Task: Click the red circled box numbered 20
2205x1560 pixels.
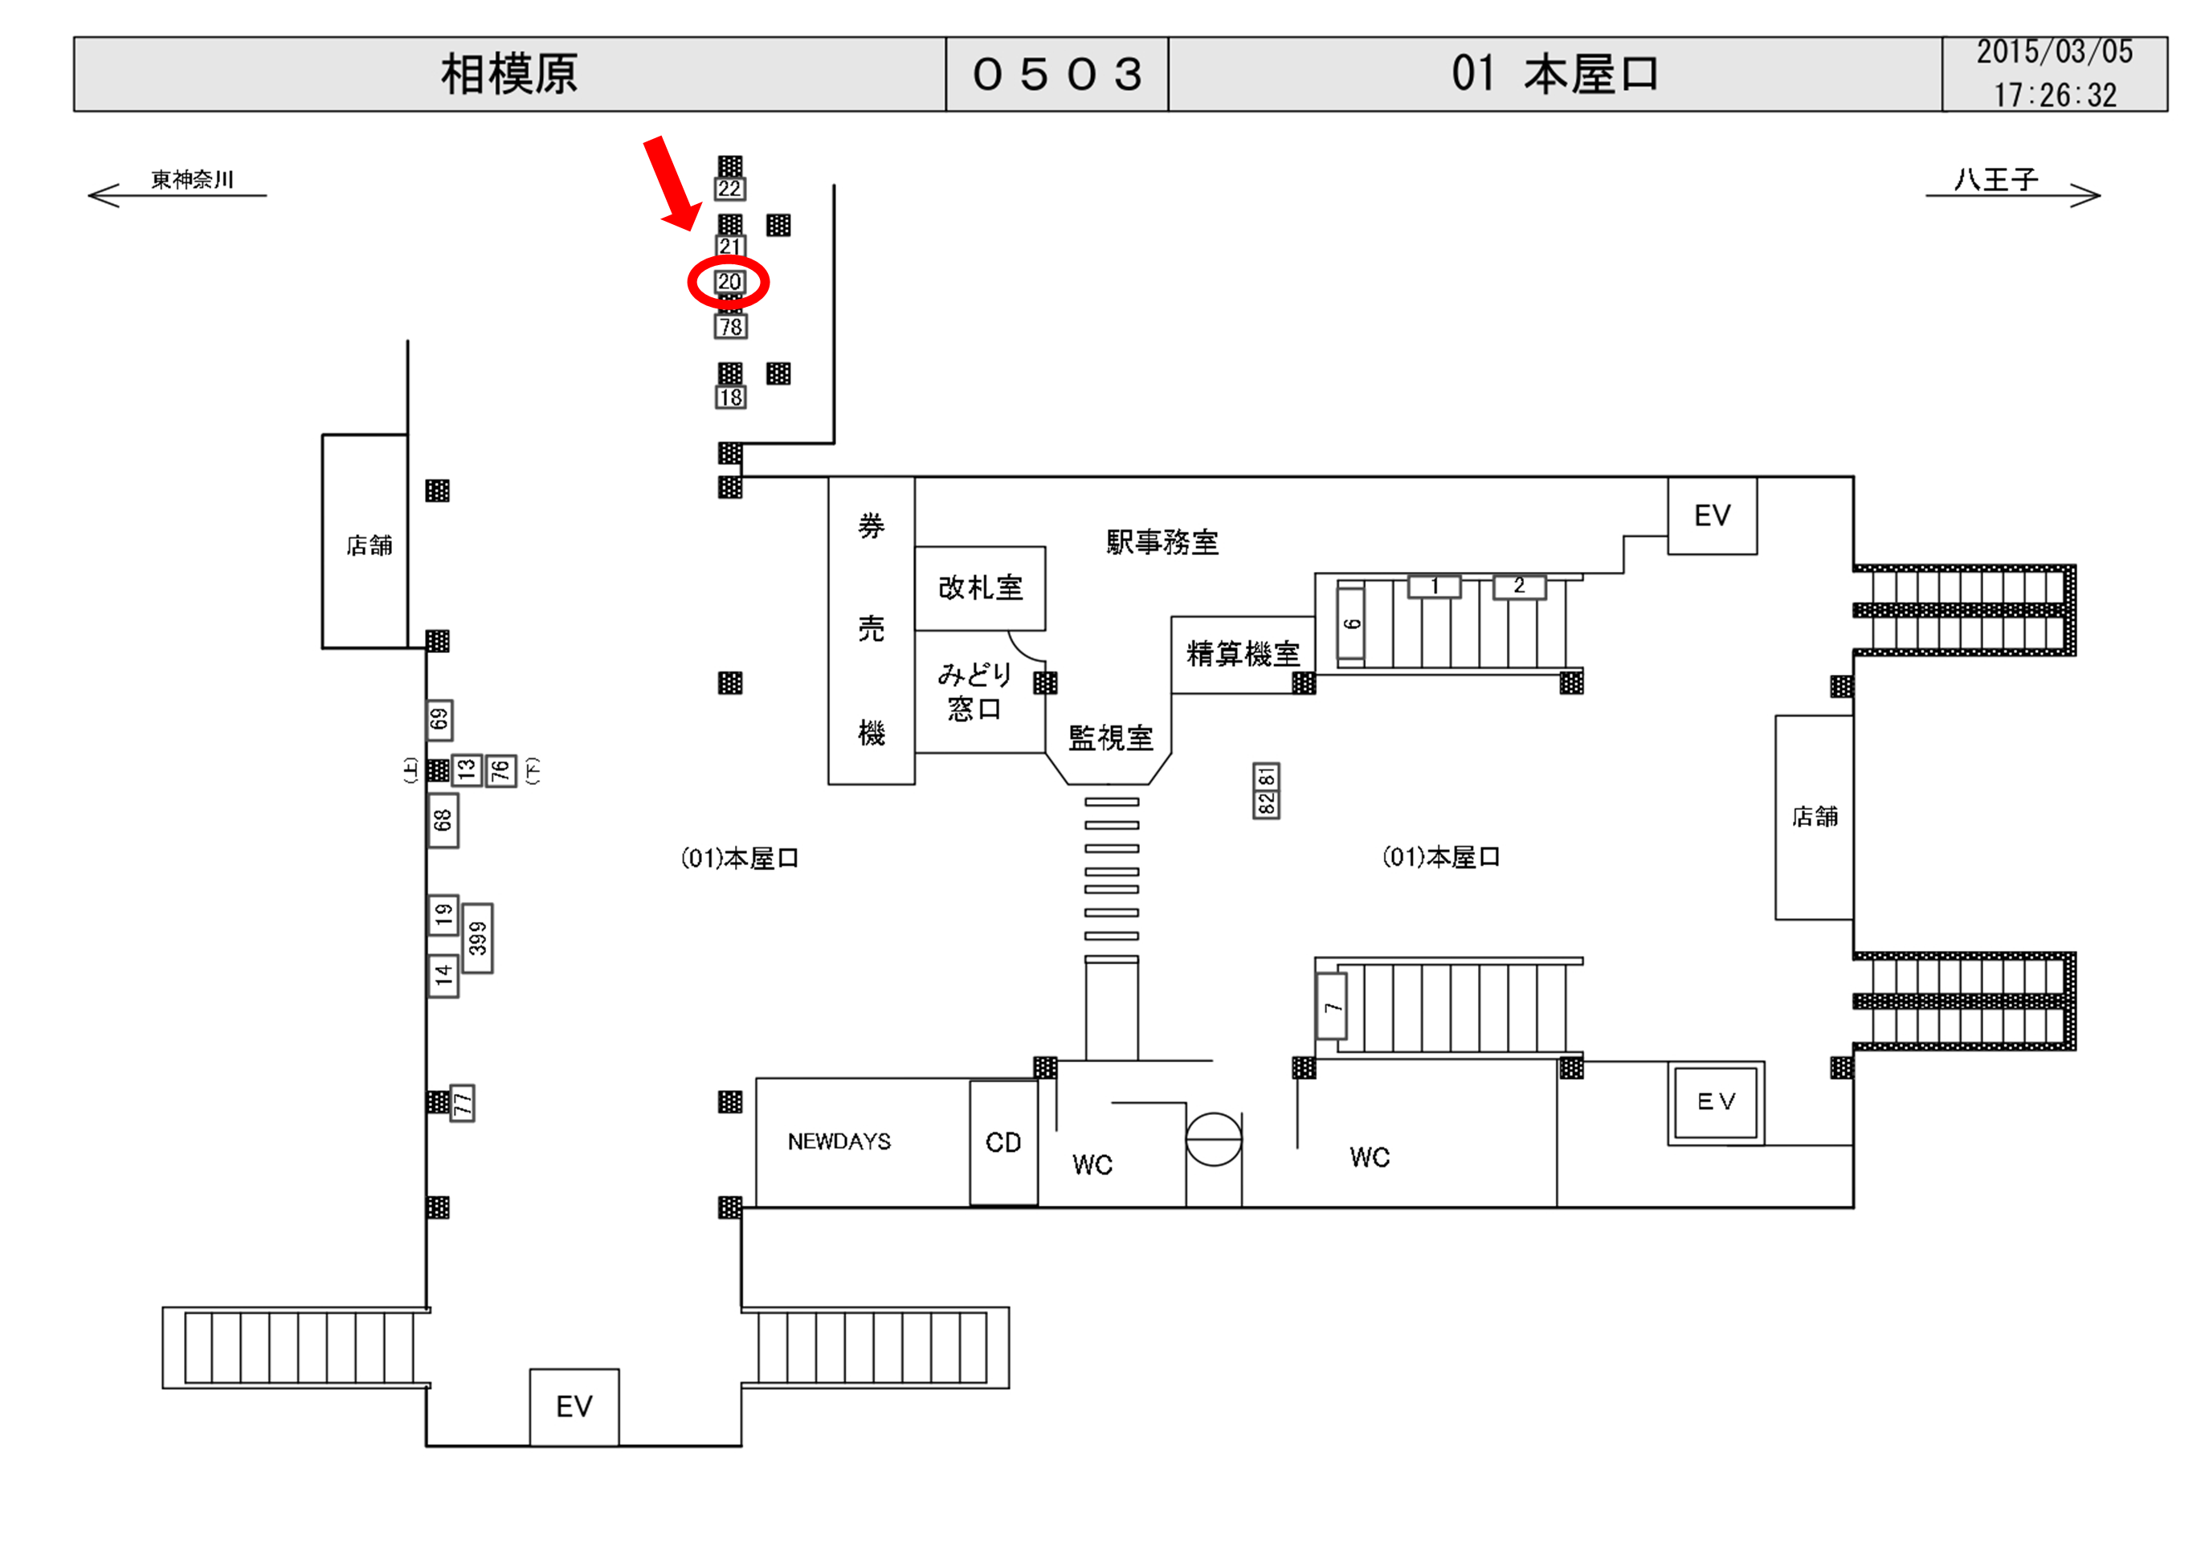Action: (x=729, y=283)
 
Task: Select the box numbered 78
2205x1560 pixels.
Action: (x=731, y=327)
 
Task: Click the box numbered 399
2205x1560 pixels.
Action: (x=477, y=938)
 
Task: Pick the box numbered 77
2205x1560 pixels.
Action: (x=463, y=1103)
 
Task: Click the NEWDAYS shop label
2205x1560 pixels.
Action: (x=839, y=1141)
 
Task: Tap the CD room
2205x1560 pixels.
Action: (x=1003, y=1142)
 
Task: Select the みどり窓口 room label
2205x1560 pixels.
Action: (x=974, y=692)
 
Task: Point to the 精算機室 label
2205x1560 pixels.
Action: (x=1243, y=654)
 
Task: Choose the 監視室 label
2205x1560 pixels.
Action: (x=1110, y=737)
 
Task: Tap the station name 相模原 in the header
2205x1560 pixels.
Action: (x=509, y=74)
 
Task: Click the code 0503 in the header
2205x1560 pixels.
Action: (x=1057, y=75)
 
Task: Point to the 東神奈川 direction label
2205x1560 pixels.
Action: (x=192, y=180)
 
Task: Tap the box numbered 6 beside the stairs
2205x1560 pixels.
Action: (x=1351, y=624)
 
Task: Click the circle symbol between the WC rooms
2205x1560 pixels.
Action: (x=1214, y=1139)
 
